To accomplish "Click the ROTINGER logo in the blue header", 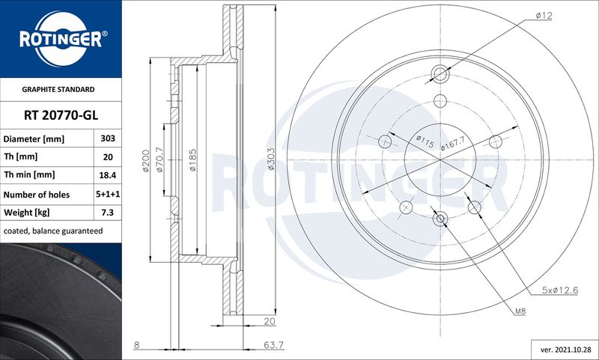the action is [x=61, y=39].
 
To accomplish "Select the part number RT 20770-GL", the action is [x=61, y=115].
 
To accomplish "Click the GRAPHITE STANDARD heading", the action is [x=58, y=89].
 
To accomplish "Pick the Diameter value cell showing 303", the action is [x=108, y=138].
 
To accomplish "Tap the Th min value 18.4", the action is [x=108, y=175].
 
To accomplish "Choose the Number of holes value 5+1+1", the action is [x=108, y=194].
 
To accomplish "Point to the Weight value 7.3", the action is [x=108, y=213].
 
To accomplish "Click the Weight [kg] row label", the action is [x=27, y=213].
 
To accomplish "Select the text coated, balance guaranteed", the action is [x=53, y=231].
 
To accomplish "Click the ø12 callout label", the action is [x=544, y=16].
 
